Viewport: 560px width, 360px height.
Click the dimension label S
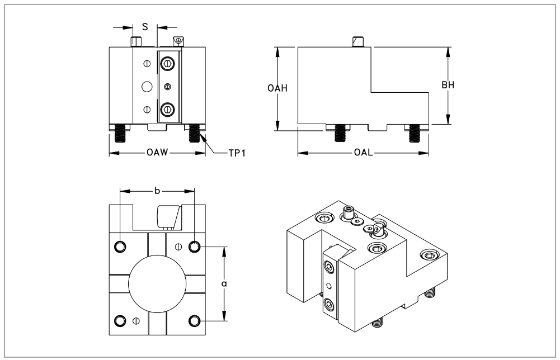(x=145, y=26)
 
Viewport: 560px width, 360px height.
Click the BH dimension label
(x=448, y=85)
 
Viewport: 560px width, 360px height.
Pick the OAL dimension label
(x=364, y=152)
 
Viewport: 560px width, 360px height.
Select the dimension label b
(x=157, y=191)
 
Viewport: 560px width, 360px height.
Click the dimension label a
(x=224, y=283)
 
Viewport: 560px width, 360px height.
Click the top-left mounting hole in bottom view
(x=120, y=247)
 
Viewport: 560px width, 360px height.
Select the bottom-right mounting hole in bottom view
(x=194, y=321)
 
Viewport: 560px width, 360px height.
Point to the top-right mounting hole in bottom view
(x=194, y=247)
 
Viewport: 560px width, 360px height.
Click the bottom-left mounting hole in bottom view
(x=120, y=321)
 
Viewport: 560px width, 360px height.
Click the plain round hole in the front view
(x=147, y=87)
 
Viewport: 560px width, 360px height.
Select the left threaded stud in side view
(x=339, y=133)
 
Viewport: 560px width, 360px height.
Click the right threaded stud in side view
(x=415, y=133)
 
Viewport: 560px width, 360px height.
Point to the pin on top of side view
(x=358, y=42)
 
